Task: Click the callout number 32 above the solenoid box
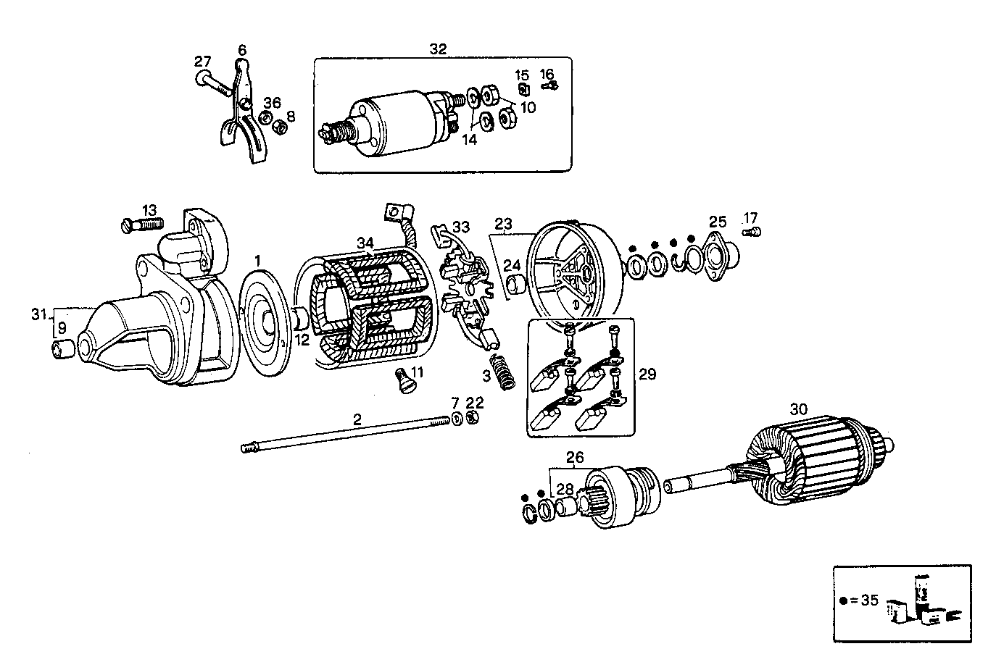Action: click(x=438, y=49)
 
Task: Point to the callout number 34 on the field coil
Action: click(x=365, y=243)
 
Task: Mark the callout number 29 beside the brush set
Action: click(x=647, y=374)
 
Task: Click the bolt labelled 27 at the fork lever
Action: click(x=212, y=83)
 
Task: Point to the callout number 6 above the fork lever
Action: click(x=242, y=50)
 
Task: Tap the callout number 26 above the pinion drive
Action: click(x=574, y=458)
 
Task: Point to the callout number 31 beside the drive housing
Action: click(x=40, y=314)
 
